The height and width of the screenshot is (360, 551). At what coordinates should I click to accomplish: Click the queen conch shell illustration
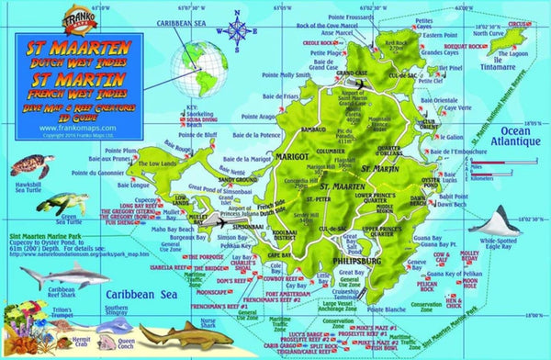point(147,328)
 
